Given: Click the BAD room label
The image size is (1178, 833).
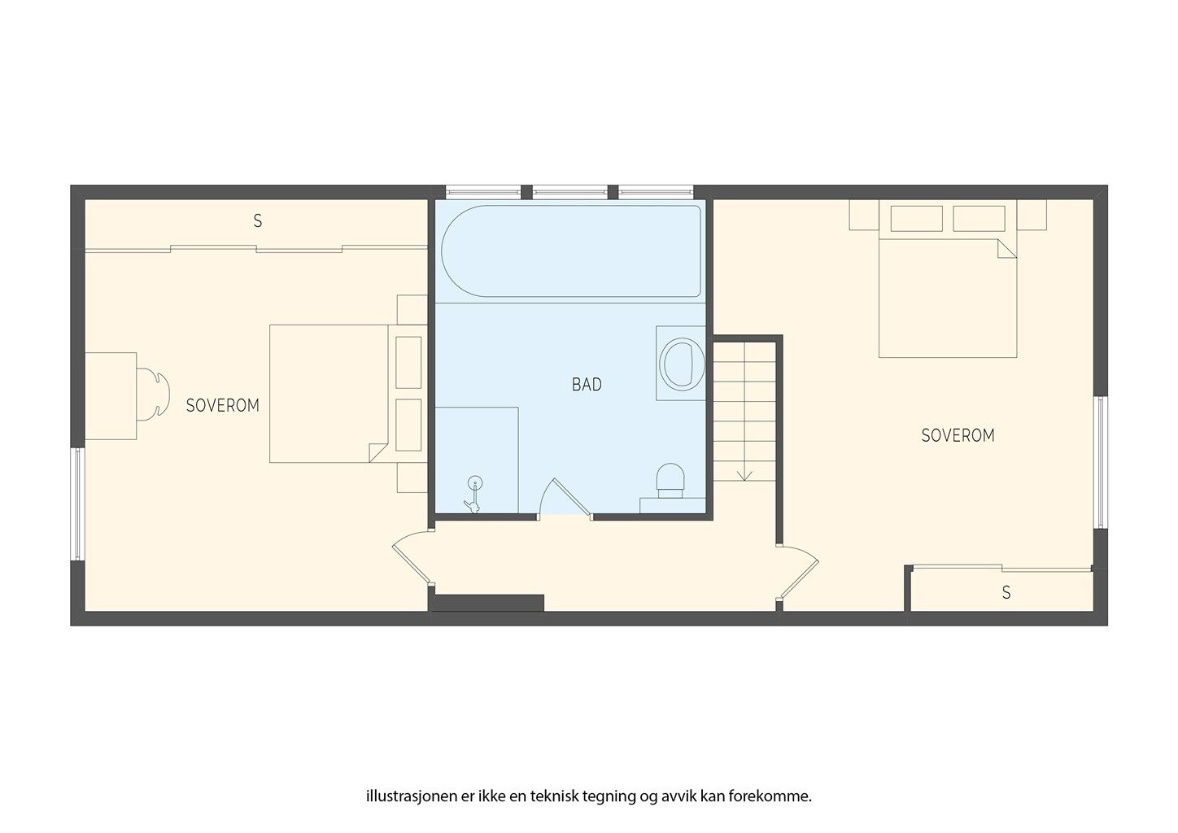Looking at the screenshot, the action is [x=587, y=385].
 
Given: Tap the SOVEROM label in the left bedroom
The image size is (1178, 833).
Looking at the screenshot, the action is [x=222, y=405].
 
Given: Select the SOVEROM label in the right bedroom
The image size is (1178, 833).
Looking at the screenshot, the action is [x=958, y=435].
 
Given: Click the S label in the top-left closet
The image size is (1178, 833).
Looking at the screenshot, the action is [x=258, y=221].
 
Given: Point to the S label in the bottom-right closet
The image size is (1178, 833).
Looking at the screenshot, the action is [x=1006, y=593].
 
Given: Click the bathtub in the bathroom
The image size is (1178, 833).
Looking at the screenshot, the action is [x=571, y=251].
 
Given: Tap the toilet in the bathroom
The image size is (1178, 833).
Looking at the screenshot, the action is [x=670, y=480].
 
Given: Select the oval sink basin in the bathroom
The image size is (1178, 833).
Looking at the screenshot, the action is [x=682, y=364].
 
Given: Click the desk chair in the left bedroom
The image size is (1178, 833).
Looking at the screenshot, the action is [x=153, y=395].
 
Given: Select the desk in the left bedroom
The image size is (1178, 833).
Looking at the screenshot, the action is [x=111, y=396].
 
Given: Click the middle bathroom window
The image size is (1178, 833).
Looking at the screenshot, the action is [x=569, y=192].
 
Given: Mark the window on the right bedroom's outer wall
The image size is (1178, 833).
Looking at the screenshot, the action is [x=1101, y=462].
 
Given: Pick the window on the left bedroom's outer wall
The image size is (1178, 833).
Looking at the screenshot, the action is [x=77, y=504].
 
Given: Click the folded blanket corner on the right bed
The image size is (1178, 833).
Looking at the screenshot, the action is [x=1006, y=249].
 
